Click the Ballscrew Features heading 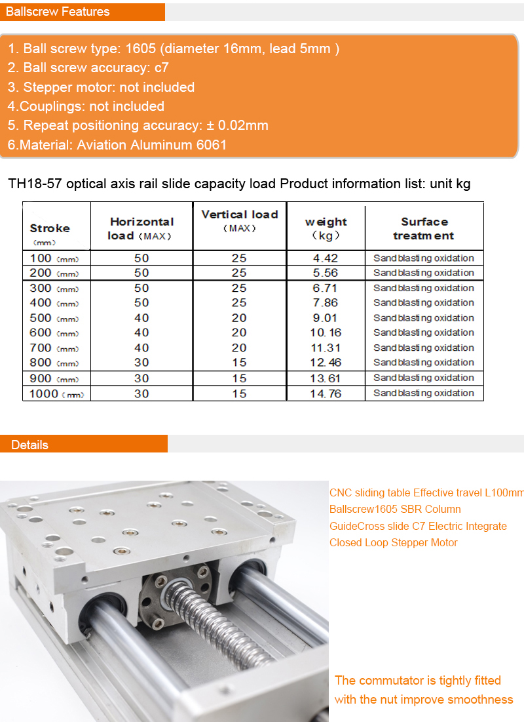point(58,12)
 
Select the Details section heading point(29,445)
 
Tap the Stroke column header point(50,229)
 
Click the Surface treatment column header point(424,228)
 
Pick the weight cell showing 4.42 point(326,258)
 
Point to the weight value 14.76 point(326,393)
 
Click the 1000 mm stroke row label point(56,393)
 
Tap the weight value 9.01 point(326,318)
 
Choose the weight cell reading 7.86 point(326,303)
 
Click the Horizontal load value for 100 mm point(141,258)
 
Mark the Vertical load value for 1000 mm point(239,393)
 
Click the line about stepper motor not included point(102,87)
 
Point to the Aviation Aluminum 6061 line point(117,144)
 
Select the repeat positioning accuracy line point(138,125)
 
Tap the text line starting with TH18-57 point(239,184)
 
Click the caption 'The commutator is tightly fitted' point(417,680)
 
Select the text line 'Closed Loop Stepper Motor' point(393,542)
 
